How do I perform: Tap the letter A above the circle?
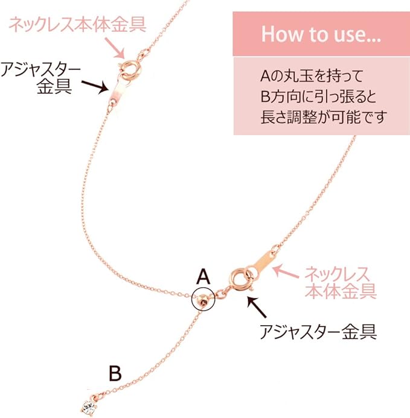point(203,277)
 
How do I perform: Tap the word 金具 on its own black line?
point(54,85)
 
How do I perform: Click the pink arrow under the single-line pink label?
point(114,45)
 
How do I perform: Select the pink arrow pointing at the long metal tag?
point(286,271)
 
